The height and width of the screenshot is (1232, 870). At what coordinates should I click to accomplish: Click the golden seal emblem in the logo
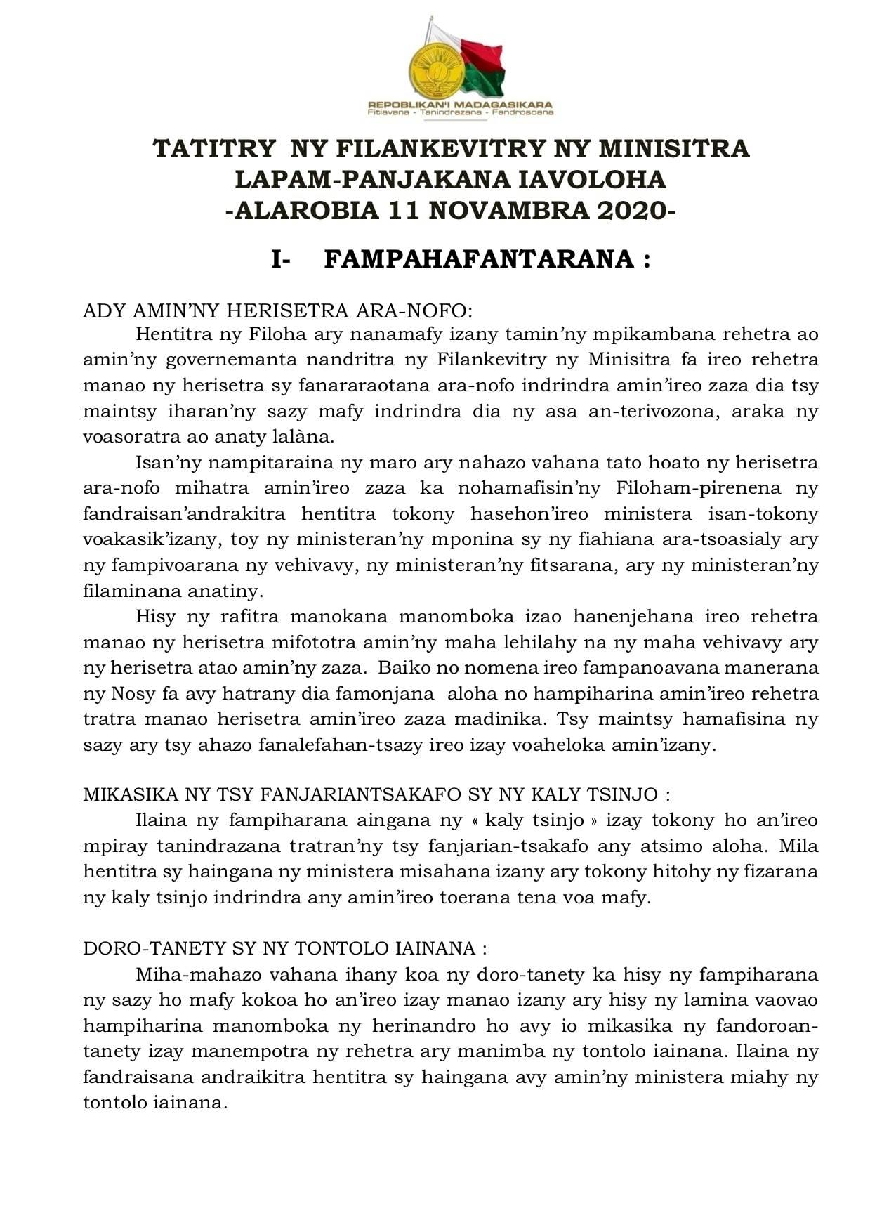[x=436, y=69]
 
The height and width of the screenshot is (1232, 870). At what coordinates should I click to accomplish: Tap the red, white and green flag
[x=481, y=63]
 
